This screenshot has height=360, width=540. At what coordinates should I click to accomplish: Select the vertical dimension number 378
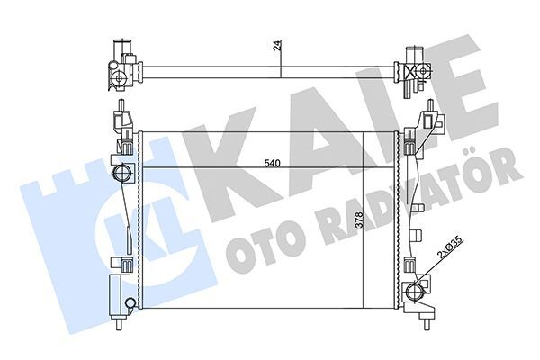point(359,221)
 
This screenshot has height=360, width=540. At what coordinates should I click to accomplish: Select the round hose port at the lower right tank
point(417,290)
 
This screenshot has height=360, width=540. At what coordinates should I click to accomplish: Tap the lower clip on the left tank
point(119,263)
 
